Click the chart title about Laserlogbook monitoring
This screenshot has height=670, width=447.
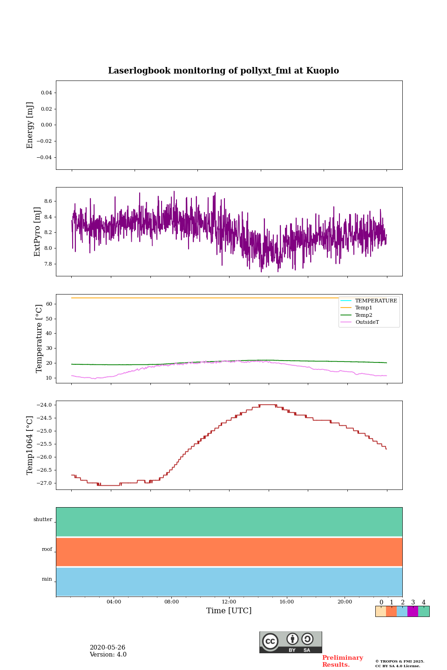point(223,71)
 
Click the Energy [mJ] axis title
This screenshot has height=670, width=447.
point(30,125)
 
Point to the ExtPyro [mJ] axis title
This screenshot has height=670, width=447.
point(37,232)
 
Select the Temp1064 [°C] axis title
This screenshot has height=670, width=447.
point(30,445)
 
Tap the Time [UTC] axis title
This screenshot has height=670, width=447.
point(229,610)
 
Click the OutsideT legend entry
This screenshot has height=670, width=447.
point(367,322)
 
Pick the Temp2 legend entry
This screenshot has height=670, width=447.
point(364,315)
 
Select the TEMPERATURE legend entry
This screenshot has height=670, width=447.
point(376,301)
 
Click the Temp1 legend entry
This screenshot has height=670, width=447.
point(364,308)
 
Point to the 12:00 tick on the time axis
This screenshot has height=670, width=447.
point(229,602)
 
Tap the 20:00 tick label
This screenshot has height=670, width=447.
point(345,602)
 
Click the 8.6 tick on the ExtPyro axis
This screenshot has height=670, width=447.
point(48,201)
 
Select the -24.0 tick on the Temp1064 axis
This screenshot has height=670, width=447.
point(46,405)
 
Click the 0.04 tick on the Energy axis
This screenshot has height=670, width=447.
point(46,93)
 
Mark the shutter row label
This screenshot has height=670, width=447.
point(43,520)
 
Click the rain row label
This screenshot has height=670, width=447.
point(47,579)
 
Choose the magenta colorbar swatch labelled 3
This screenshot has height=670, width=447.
point(413,611)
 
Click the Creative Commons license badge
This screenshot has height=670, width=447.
point(291,642)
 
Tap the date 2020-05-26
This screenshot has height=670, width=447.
point(108,648)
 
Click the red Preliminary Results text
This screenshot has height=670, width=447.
point(342,661)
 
